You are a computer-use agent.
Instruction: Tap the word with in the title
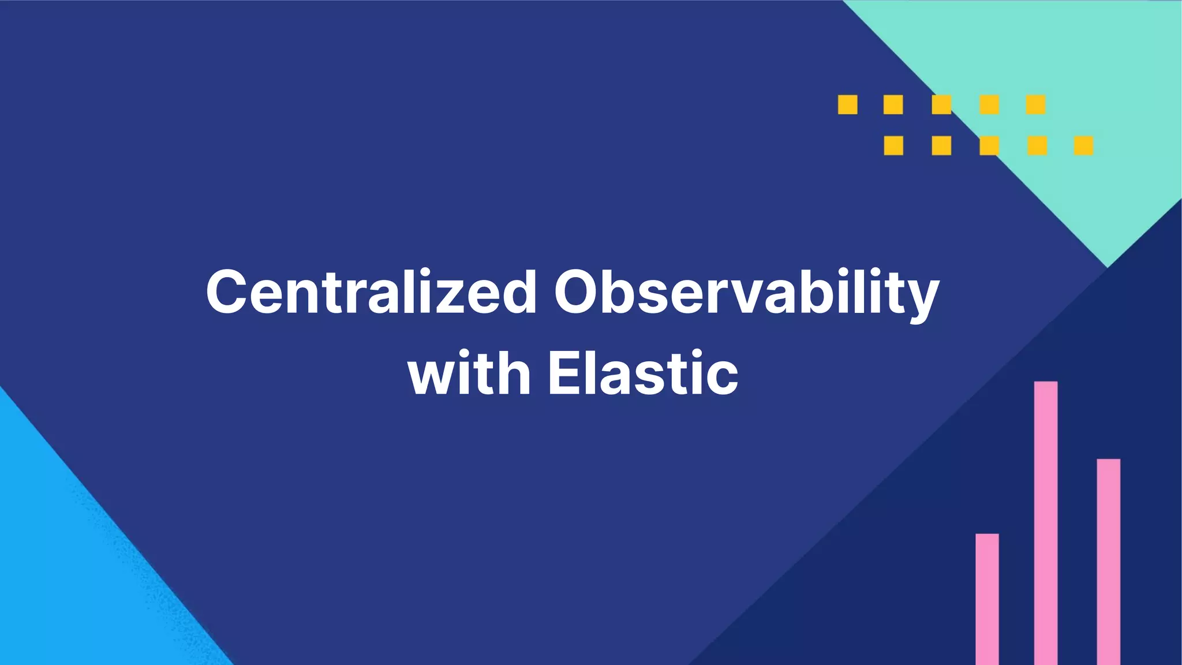[x=469, y=373]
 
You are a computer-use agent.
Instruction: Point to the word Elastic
[x=643, y=373]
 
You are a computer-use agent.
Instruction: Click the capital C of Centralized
[x=230, y=292]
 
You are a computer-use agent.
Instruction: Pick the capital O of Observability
[x=581, y=292]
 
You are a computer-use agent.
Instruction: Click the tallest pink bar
[x=1046, y=522]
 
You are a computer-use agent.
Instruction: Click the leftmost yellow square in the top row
[x=848, y=104]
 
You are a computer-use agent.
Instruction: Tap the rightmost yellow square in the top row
[x=1035, y=104]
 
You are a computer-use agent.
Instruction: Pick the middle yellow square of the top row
[x=941, y=104]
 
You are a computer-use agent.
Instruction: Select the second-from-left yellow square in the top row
[x=893, y=104]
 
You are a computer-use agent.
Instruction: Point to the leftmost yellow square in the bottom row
[x=893, y=145]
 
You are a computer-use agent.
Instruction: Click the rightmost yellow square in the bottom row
[x=1083, y=145]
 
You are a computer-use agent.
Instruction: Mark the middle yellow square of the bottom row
[x=989, y=145]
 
